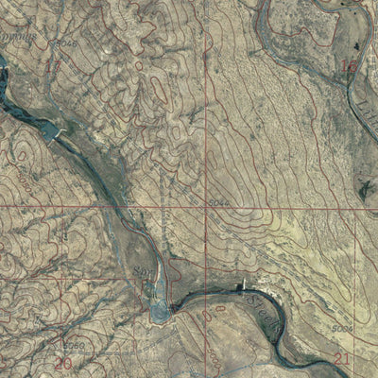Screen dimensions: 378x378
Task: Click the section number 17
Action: point(52,66)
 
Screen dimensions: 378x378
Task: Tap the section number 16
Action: point(349,66)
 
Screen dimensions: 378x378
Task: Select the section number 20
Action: point(63,362)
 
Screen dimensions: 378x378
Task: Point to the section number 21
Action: point(342,358)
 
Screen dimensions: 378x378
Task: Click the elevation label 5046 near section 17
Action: point(65,43)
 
